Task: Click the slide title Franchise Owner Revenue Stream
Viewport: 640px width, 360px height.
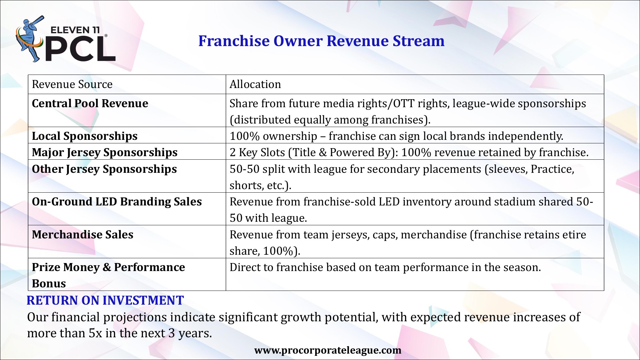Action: click(x=321, y=41)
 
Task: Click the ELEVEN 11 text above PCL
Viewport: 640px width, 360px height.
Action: click(x=75, y=30)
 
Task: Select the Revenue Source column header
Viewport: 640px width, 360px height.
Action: click(x=72, y=84)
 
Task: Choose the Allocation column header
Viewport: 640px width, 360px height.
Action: click(x=255, y=84)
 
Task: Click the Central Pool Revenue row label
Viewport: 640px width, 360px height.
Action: click(x=90, y=103)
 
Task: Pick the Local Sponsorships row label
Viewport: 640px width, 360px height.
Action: click(x=85, y=136)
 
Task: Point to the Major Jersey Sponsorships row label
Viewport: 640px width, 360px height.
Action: click(x=105, y=153)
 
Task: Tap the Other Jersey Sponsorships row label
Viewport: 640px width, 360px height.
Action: click(x=104, y=169)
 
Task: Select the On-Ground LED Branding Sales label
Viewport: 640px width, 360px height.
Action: click(x=117, y=202)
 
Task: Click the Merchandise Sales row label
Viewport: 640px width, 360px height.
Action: click(x=83, y=235)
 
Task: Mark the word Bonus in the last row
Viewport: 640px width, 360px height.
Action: click(x=49, y=284)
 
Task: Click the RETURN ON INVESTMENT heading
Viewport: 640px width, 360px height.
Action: click(x=105, y=300)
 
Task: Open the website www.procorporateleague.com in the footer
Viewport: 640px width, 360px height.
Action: click(x=328, y=350)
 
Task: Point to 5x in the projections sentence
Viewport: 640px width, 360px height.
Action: click(x=95, y=333)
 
